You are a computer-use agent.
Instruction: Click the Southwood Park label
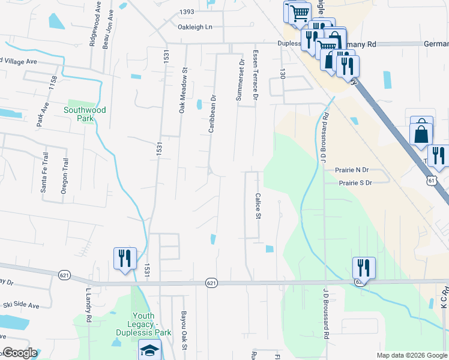(x=85, y=114)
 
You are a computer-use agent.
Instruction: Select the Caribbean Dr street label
(x=211, y=113)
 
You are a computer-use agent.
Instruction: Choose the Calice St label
(x=259, y=206)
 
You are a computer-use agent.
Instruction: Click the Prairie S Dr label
(x=355, y=182)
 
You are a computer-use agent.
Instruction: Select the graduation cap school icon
(x=149, y=350)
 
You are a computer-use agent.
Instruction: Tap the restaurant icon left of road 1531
(x=125, y=259)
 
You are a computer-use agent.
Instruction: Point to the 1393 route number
(x=187, y=12)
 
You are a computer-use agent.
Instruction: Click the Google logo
(x=20, y=353)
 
